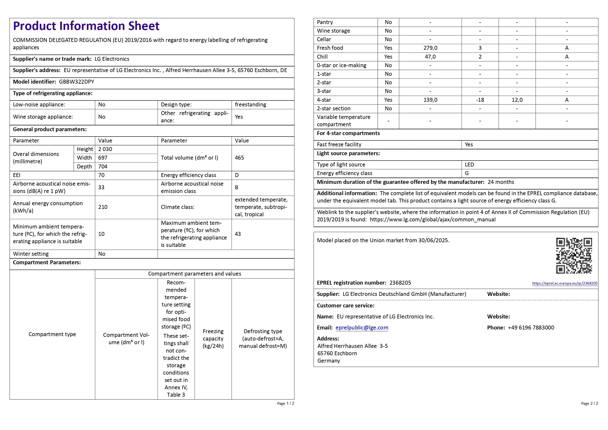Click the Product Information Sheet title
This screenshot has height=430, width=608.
[x=86, y=26]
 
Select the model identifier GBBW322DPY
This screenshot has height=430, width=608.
[x=76, y=82]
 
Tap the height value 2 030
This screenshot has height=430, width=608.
[x=105, y=149]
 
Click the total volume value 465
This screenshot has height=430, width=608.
[x=239, y=158]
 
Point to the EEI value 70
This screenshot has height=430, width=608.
[x=101, y=175]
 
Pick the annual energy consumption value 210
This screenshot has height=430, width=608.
[x=103, y=207]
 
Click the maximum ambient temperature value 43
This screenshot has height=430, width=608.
[x=238, y=234]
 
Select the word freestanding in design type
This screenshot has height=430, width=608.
[x=250, y=104]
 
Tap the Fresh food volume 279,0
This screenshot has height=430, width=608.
[x=430, y=48]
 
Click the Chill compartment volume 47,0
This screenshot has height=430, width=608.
[x=430, y=57]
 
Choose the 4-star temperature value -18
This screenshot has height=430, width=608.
[x=480, y=100]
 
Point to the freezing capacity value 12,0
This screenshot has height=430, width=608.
[x=517, y=100]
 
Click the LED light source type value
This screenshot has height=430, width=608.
[x=469, y=164]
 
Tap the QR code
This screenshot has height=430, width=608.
[x=574, y=256]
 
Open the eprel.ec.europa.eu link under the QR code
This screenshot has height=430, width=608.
[x=565, y=283]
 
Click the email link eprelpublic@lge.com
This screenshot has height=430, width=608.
[x=362, y=328]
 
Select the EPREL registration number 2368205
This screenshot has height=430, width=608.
[x=400, y=283]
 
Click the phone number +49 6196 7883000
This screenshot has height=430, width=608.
[x=531, y=328]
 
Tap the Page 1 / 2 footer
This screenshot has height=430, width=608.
[x=285, y=404]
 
